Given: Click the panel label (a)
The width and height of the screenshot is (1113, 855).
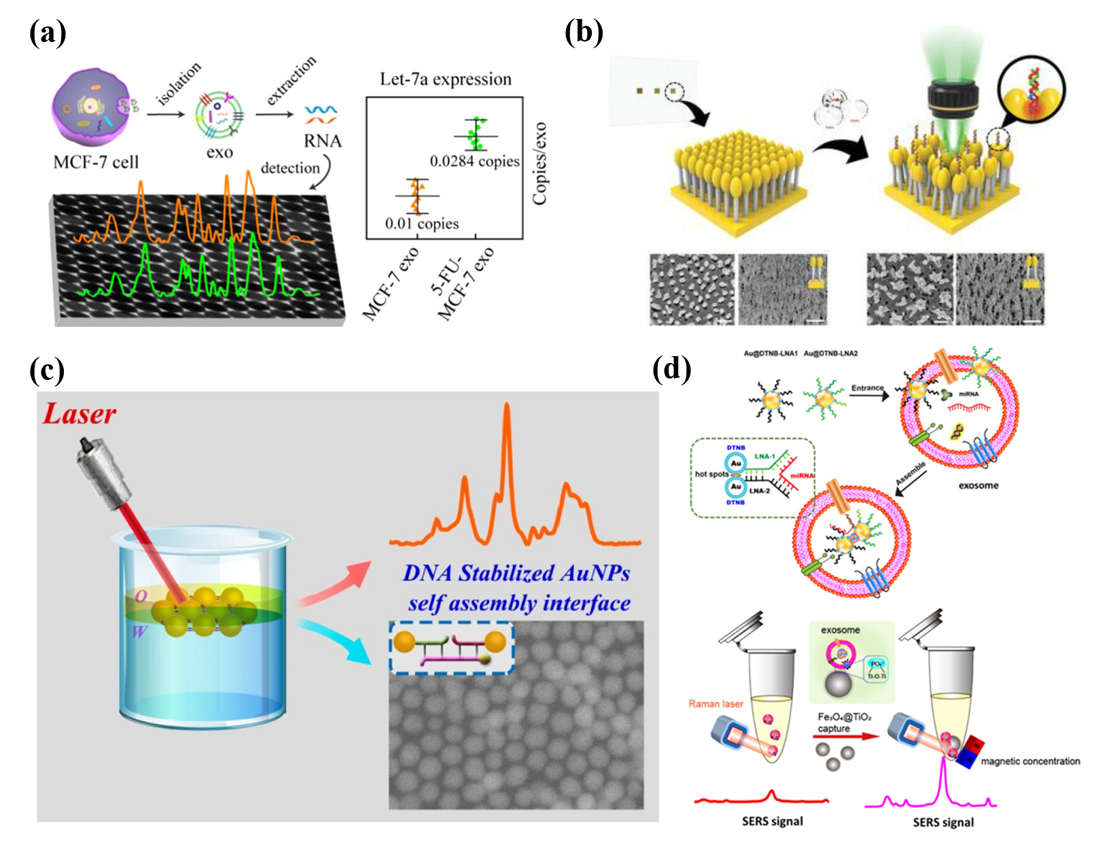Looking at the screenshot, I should point(47,33).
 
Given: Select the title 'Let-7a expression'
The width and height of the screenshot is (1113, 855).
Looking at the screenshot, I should point(445,79).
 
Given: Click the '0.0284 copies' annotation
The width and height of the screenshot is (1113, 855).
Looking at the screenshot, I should point(474,162).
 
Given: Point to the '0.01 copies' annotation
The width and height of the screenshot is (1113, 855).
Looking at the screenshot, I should point(421,224).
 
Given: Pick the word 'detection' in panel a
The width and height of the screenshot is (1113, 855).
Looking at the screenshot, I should point(290,168).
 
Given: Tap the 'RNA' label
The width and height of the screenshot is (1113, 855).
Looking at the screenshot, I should point(322,141).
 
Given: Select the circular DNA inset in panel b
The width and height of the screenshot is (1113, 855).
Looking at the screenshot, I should point(1031,90).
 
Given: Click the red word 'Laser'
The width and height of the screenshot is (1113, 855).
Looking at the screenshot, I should point(79,413).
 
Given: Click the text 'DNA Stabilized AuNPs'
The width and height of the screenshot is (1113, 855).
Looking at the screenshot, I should point(516,573).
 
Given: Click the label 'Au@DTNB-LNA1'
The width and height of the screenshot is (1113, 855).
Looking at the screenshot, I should point(770,353).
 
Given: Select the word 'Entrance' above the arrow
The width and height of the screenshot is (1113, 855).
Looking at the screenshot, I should point(867,388).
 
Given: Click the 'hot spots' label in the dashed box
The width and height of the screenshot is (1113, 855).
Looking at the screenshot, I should point(711,474).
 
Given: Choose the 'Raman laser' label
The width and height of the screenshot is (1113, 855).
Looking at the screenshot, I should point(715,703).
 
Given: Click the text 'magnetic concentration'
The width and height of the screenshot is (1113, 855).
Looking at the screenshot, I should point(1030,761).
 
